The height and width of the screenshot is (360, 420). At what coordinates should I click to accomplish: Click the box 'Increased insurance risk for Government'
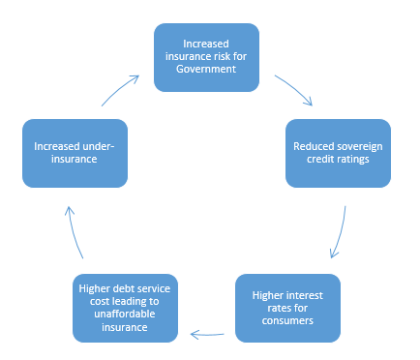207,56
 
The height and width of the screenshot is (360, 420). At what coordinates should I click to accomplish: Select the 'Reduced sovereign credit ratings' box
338,153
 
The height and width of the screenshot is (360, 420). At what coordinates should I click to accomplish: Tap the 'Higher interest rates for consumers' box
287,308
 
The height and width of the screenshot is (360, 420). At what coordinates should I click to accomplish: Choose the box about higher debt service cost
127,308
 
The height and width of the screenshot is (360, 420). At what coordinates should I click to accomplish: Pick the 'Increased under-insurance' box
75,153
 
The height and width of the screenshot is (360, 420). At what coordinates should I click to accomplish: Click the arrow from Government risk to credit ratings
294,90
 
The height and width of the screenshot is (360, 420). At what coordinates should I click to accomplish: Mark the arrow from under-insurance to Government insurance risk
120,90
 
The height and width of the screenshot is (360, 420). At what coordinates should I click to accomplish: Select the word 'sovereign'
354,146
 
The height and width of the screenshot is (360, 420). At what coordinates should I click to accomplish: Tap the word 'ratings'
352,160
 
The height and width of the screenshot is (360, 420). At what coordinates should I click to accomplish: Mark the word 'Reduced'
312,146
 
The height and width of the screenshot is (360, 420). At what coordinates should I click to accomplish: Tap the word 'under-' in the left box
99,146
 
